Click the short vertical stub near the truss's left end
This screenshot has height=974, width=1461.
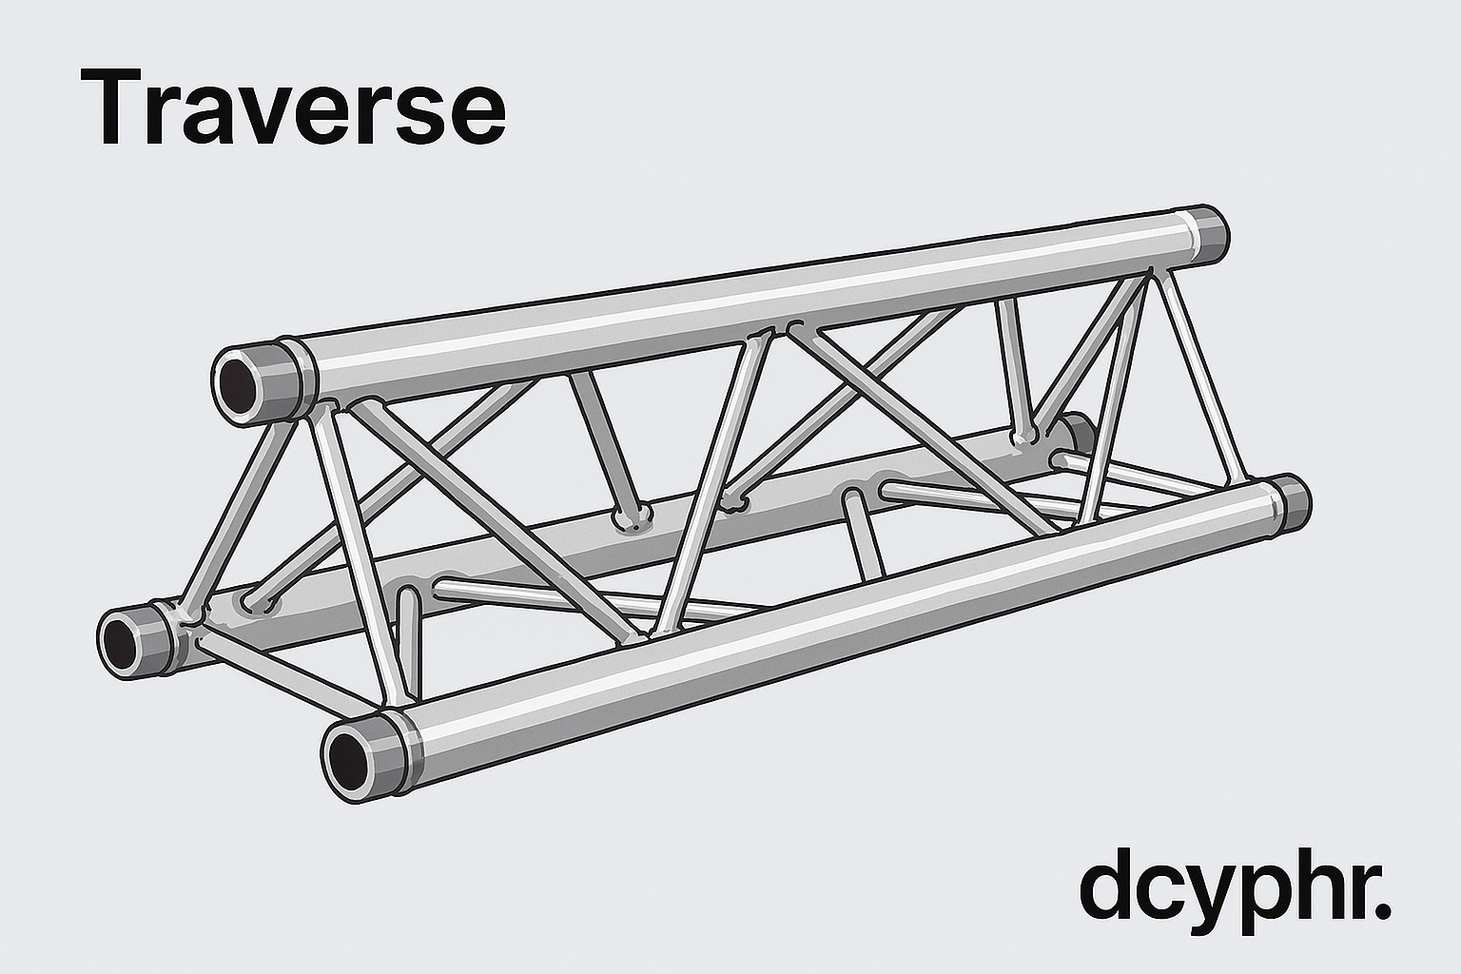(x=408, y=642)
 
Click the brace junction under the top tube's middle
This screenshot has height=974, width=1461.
(x=772, y=331)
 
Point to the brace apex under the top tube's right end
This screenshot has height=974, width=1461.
(x=1153, y=274)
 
